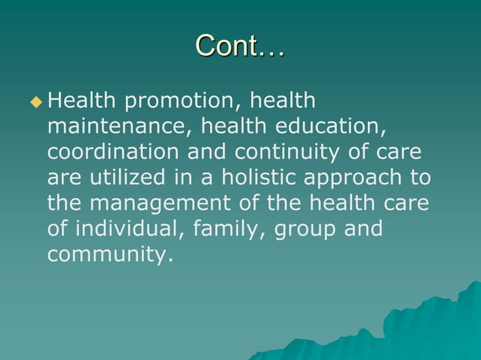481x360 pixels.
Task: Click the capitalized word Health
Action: pyautogui.click(x=78, y=100)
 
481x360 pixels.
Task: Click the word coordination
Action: pyautogui.click(x=112, y=152)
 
